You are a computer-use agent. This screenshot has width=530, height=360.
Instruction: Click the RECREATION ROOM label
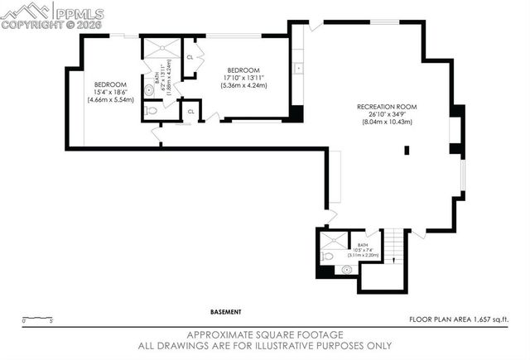[386, 107]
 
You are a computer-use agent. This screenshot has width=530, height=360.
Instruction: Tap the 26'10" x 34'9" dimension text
[386, 114]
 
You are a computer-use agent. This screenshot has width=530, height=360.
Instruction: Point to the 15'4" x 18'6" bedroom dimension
[109, 92]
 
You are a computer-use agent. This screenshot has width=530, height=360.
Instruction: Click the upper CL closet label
[190, 57]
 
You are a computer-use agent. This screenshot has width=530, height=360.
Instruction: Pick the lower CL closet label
[190, 111]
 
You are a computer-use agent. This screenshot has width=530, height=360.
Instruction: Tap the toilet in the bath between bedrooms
[150, 109]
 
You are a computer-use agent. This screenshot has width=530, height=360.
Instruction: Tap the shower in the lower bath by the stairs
[333, 241]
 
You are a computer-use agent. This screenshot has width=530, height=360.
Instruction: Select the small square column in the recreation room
[407, 150]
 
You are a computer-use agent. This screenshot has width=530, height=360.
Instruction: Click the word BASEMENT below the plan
[225, 312]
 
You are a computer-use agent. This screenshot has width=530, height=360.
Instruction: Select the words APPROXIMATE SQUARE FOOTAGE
[265, 336]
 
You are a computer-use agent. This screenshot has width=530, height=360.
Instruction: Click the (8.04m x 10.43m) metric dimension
[386, 122]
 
